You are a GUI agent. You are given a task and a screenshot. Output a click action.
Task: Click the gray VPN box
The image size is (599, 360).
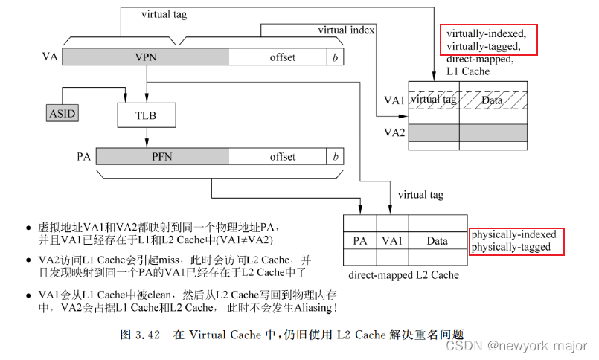pyautogui.click(x=145, y=57)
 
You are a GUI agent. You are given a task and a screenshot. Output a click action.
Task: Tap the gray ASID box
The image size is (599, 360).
pyautogui.click(x=61, y=114)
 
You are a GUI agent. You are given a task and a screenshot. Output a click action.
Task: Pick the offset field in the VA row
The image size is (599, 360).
pyautogui.click(x=277, y=57)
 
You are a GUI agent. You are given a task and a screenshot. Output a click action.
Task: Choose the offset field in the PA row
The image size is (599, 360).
pyautogui.click(x=277, y=157)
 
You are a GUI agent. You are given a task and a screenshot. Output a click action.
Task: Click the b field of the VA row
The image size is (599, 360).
pyautogui.click(x=336, y=57)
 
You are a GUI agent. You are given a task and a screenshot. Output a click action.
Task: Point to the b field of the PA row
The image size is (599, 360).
pyautogui.click(x=336, y=157)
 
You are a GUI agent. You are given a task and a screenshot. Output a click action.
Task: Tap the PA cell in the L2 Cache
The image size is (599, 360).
pyautogui.click(x=360, y=241)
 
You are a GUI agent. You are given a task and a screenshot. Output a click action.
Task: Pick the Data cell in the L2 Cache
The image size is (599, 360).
pyautogui.click(x=438, y=241)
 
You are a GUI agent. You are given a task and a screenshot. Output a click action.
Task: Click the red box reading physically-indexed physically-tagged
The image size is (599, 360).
pyautogui.click(x=513, y=241)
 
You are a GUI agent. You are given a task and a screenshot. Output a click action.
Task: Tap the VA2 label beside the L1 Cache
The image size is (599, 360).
pyautogui.click(x=394, y=132)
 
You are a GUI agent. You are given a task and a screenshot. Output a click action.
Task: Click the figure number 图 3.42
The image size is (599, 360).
pyautogui.click(x=141, y=335)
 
